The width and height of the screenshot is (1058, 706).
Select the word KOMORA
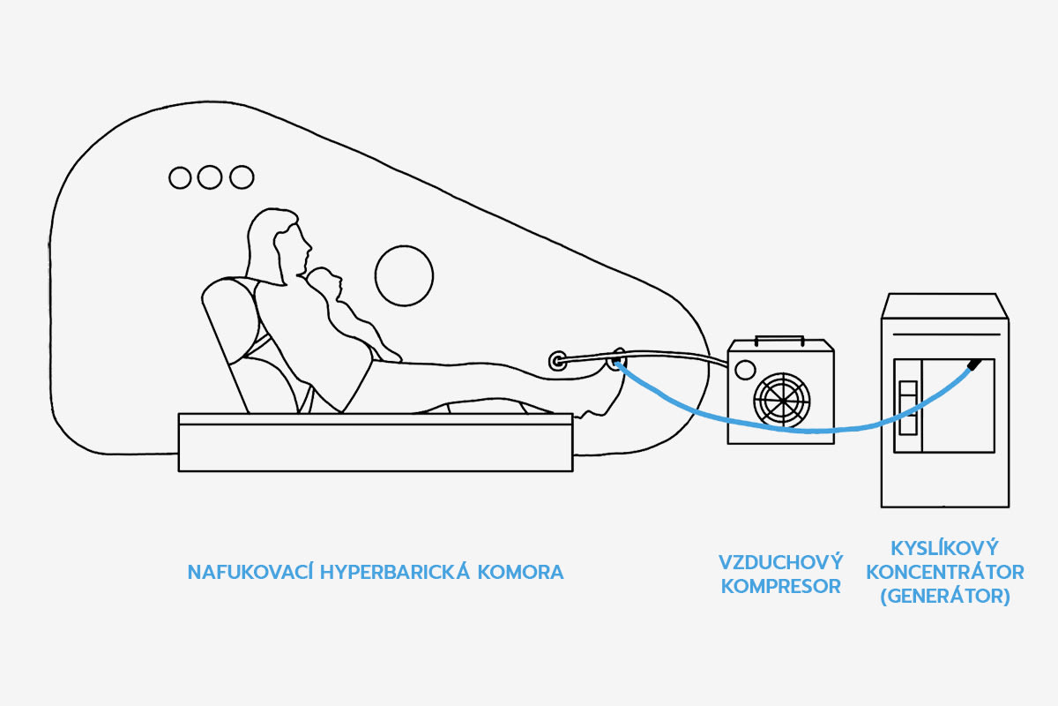pyautogui.click(x=520, y=572)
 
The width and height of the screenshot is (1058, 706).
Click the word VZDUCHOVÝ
pyautogui.click(x=781, y=562)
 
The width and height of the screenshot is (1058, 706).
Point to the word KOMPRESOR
pyautogui.click(x=781, y=586)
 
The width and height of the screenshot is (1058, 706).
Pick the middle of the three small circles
pyautogui.click(x=209, y=177)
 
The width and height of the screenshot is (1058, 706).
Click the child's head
pyautogui.click(x=328, y=283)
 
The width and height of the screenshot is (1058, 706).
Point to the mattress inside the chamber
pyautogui.click(x=375, y=441)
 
